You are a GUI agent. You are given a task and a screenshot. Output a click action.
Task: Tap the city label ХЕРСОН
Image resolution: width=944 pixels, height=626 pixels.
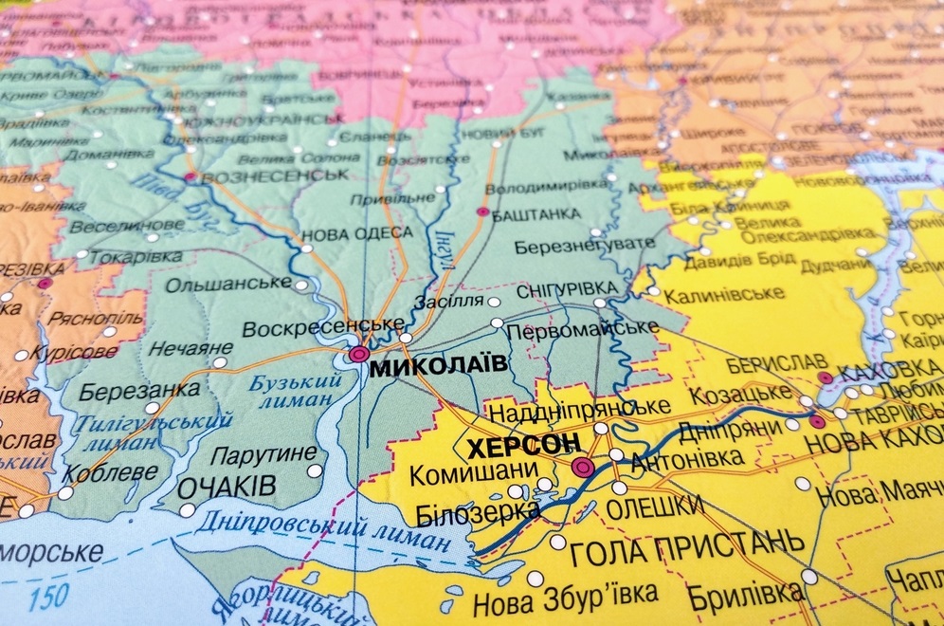(x=511, y=445)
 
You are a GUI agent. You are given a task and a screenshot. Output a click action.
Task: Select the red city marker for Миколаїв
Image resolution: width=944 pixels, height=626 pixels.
(x=358, y=355)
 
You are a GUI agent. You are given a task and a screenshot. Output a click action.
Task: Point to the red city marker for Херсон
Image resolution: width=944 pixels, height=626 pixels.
(x=584, y=467)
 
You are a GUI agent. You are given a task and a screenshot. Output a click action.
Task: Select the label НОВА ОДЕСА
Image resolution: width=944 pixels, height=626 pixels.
(x=356, y=233)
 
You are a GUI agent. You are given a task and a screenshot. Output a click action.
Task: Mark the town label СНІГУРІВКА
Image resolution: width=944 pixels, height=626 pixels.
(x=567, y=288)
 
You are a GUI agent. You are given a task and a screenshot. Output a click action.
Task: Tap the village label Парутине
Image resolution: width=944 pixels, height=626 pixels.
(x=263, y=455)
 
